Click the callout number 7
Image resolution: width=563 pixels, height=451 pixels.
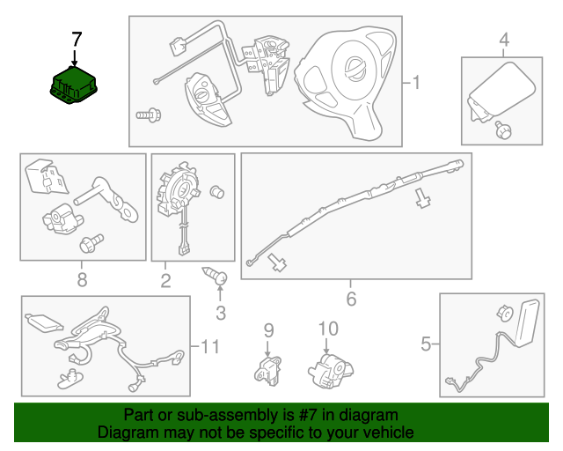(x=77, y=39)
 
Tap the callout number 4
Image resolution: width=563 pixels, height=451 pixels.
(x=504, y=40)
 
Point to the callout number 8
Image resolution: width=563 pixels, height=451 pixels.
(x=82, y=280)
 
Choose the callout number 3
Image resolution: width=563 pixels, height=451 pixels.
(x=220, y=312)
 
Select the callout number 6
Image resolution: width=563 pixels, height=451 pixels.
(x=351, y=299)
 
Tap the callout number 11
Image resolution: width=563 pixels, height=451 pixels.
(x=208, y=346)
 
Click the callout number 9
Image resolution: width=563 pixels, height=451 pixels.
(x=269, y=330)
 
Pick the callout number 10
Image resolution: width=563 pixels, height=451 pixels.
(x=327, y=329)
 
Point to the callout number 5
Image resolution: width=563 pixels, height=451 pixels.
(x=426, y=344)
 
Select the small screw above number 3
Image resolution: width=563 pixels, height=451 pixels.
(x=216, y=277)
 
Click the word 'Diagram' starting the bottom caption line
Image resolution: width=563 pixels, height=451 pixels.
(x=124, y=433)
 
